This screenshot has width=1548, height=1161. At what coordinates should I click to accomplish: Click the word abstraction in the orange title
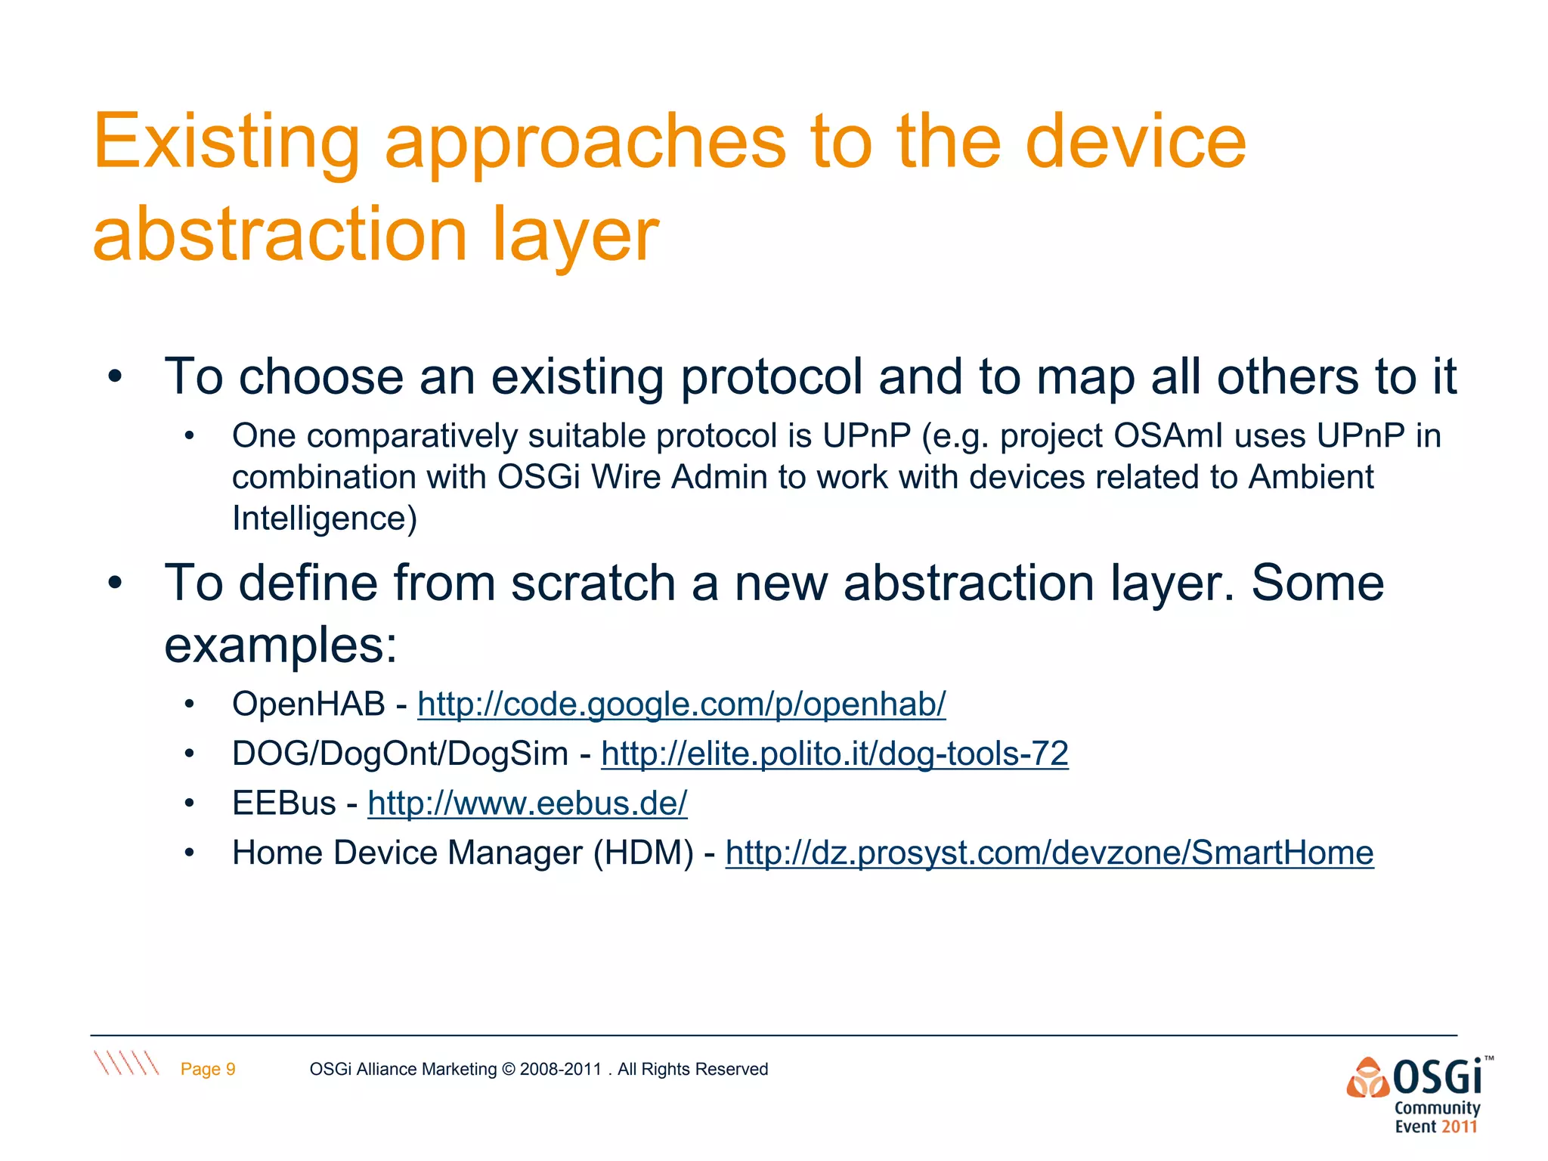[x=280, y=236]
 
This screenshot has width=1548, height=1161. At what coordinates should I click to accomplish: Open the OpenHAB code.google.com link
[x=681, y=704]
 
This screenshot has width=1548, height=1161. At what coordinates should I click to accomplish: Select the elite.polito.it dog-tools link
[x=834, y=754]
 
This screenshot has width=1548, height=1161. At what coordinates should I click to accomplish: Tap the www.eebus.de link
[x=527, y=803]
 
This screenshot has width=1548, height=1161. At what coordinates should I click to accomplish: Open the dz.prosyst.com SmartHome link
[x=1049, y=853]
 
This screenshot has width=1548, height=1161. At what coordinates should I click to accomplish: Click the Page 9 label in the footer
[x=208, y=1069]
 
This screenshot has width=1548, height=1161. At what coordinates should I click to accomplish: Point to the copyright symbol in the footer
[x=508, y=1069]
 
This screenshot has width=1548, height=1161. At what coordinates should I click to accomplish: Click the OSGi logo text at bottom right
[x=1436, y=1077]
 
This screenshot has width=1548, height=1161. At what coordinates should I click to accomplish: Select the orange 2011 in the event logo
[x=1458, y=1127]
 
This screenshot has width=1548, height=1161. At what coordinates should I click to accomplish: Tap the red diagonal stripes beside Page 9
[x=126, y=1063]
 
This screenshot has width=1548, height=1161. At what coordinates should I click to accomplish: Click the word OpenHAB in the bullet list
[x=308, y=704]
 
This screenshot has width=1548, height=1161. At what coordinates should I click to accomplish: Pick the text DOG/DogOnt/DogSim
[x=400, y=754]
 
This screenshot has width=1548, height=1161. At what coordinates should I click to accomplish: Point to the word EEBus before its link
[x=283, y=803]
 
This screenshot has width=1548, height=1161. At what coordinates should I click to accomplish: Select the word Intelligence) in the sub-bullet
[x=324, y=519]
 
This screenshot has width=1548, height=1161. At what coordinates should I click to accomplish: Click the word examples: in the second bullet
[x=280, y=646]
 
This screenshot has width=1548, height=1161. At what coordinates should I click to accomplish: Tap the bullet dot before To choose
[x=114, y=376]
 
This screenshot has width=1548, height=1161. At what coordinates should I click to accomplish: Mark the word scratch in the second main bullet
[x=593, y=584]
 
